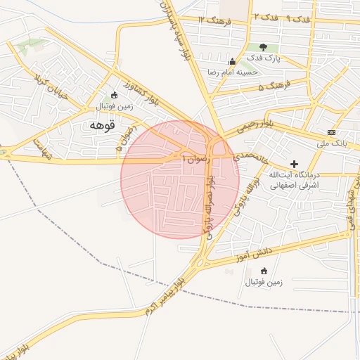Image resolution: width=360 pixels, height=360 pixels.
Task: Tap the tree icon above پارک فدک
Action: pyautogui.click(x=264, y=47)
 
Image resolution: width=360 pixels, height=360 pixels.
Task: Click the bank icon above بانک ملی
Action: pyautogui.click(x=331, y=133)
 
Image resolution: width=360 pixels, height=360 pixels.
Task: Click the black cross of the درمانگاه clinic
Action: pyautogui.click(x=294, y=163)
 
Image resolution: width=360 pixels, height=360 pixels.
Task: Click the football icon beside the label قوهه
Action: pyautogui.click(x=115, y=96)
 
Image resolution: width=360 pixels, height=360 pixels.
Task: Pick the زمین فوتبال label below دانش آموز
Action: pyautogui.click(x=264, y=283)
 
